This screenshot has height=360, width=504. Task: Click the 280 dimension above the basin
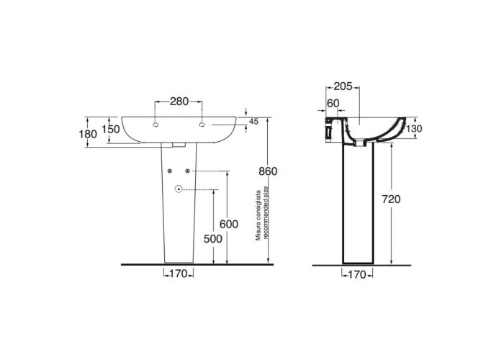[179, 102]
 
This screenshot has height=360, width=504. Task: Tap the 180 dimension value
[88, 134]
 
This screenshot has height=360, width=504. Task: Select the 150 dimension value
[111, 129]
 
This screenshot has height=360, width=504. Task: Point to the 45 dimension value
[253, 122]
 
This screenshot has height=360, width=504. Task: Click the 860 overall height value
[268, 171]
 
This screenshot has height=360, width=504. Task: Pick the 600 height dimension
[228, 224]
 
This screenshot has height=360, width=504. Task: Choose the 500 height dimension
[213, 239]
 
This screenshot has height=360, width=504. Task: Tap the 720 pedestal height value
[391, 199]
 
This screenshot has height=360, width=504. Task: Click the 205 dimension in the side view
[343, 86]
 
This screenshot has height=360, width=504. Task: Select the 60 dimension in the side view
[333, 103]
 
